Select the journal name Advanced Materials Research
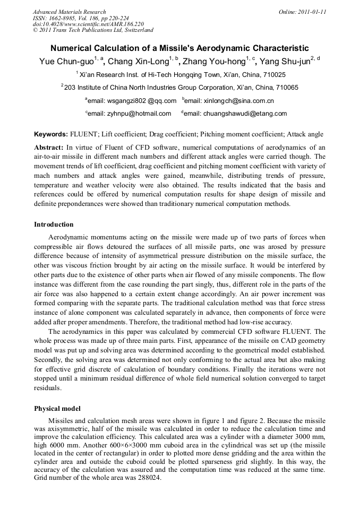pos(69,12)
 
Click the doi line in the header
pos(88,24)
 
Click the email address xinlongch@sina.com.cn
pos(230,101)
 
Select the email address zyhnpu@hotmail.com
pos(129,114)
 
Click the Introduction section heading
pos(54,225)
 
